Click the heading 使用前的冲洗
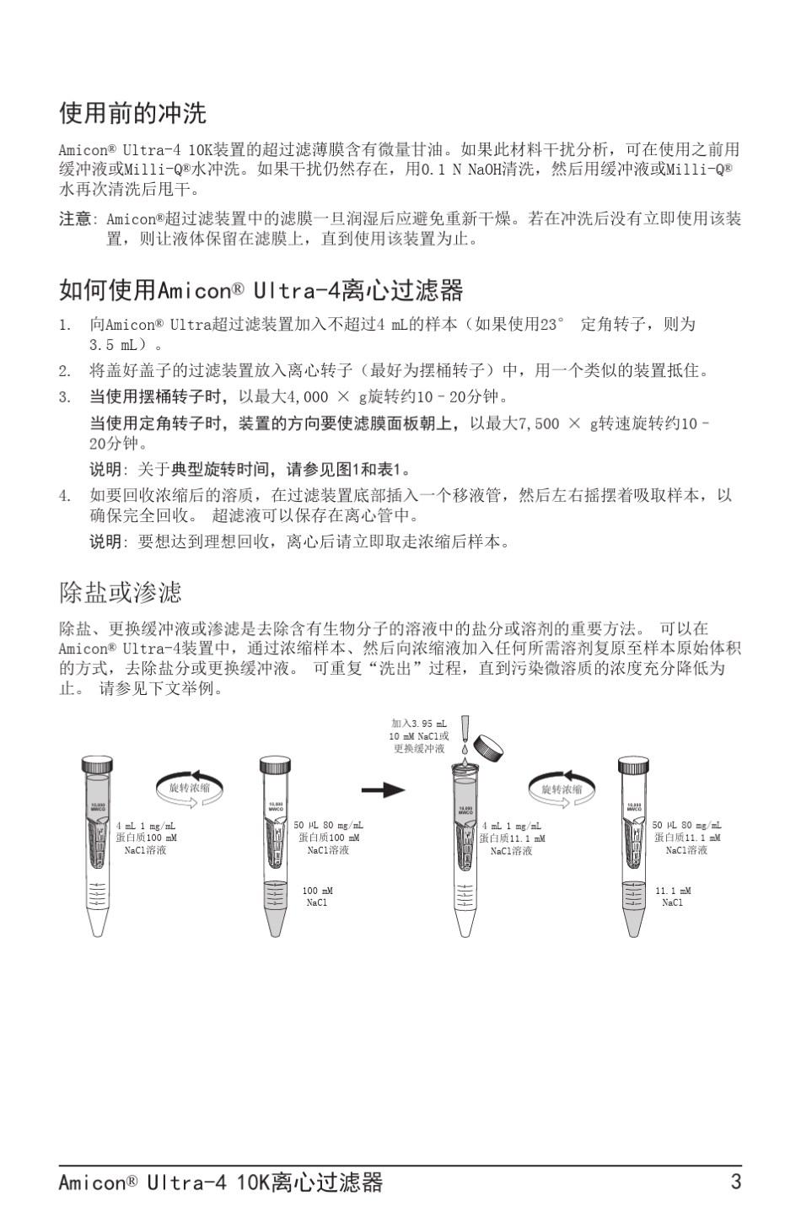(x=132, y=112)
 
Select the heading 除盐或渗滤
(x=120, y=592)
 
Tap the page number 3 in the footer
(x=736, y=1182)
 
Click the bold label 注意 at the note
(x=74, y=219)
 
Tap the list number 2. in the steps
(x=65, y=370)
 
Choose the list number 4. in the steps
(x=65, y=496)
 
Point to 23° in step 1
(x=553, y=325)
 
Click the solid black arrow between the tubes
(x=383, y=790)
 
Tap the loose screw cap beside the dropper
(x=488, y=747)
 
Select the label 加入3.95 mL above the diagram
(x=419, y=724)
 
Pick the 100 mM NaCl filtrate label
(x=317, y=897)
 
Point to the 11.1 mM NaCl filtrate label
(x=673, y=897)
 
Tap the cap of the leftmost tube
(x=97, y=765)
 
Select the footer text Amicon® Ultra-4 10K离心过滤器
(x=220, y=1182)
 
